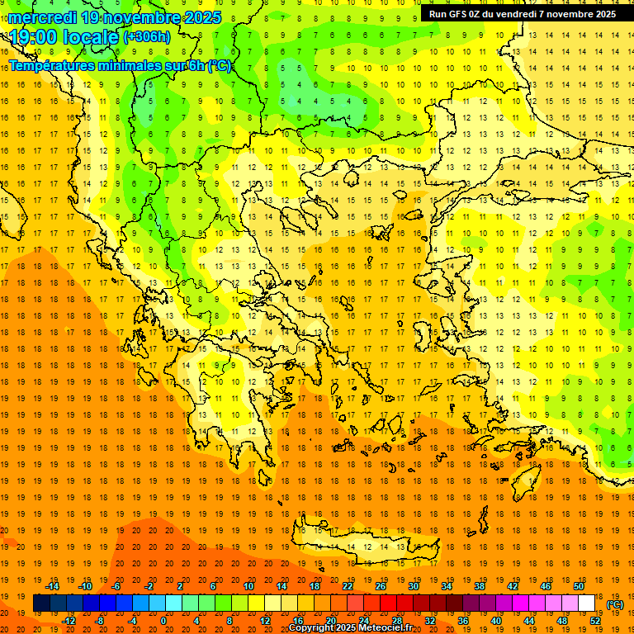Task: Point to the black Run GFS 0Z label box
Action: tap(522, 14)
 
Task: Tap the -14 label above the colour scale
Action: tap(52, 586)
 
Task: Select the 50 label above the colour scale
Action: tap(579, 586)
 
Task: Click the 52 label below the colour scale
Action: tap(595, 620)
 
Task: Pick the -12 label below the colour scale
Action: tap(69, 620)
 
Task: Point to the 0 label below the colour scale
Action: tap(164, 620)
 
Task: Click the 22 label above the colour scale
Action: tap(348, 586)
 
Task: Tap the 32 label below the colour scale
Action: tap(430, 620)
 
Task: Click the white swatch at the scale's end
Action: tap(587, 603)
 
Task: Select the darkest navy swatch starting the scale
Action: tap(41, 603)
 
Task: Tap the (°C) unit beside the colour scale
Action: tap(615, 604)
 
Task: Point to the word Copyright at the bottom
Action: tap(311, 628)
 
